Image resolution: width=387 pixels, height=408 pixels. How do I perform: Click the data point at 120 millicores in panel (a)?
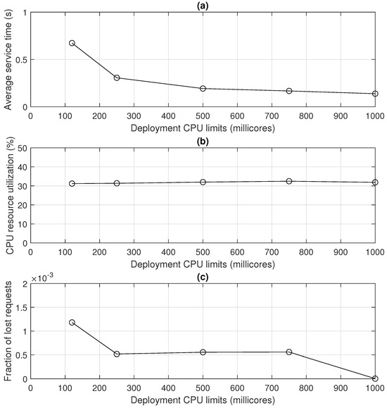pyautogui.click(x=72, y=43)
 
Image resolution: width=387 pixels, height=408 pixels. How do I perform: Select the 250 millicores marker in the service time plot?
pyautogui.click(x=117, y=78)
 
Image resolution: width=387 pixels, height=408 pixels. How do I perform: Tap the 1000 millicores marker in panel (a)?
pyautogui.click(x=375, y=94)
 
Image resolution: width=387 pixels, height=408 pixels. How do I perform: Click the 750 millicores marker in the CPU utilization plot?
pyautogui.click(x=289, y=181)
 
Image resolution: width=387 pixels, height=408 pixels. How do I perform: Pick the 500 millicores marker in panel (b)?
pyautogui.click(x=203, y=182)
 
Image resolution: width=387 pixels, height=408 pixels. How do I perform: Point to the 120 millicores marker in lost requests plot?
pyautogui.click(x=72, y=322)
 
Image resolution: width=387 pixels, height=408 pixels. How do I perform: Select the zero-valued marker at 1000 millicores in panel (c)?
pyautogui.click(x=375, y=378)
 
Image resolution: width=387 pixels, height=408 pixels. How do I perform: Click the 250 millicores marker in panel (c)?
pyautogui.click(x=117, y=354)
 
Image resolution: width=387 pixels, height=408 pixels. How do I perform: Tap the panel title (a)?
pyautogui.click(x=203, y=6)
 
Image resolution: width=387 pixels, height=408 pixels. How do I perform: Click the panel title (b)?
pyautogui.click(x=203, y=141)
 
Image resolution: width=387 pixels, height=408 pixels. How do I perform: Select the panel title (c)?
pyautogui.click(x=203, y=277)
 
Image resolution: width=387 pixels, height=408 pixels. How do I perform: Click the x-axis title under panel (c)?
pyautogui.click(x=203, y=402)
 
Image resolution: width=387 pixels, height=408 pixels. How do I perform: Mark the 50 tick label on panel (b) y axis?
pyautogui.click(x=22, y=149)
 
